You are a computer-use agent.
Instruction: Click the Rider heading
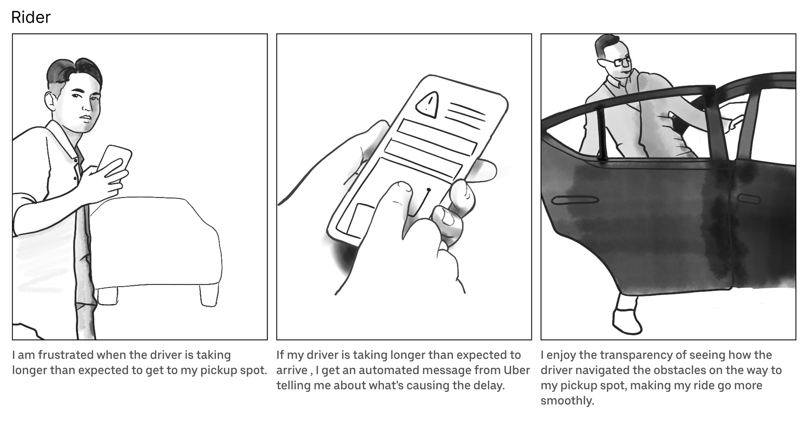[31, 17]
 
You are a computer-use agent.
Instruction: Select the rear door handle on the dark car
[575, 200]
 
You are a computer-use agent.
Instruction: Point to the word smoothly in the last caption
[567, 401]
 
